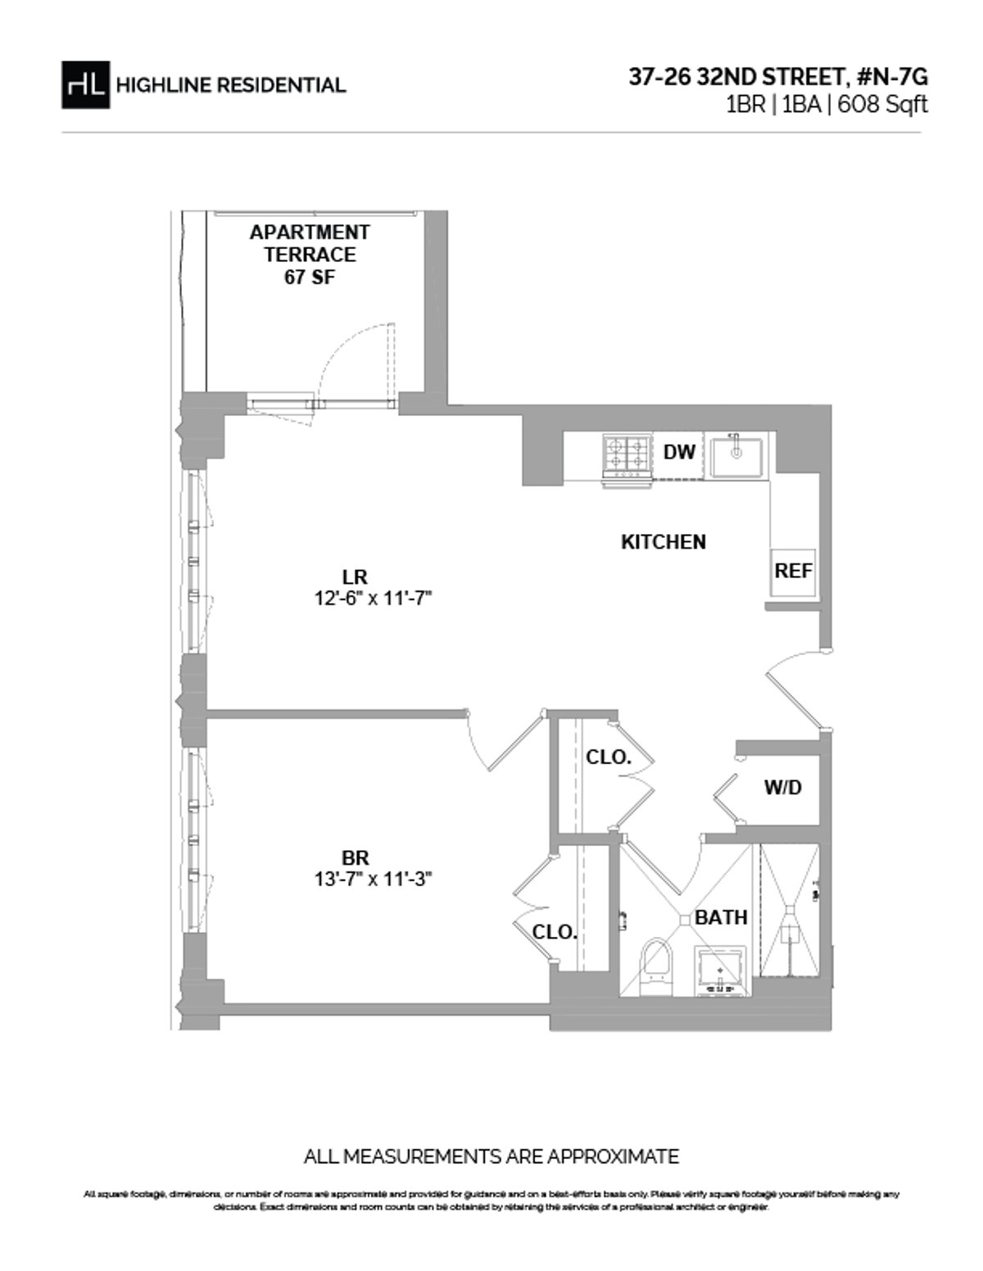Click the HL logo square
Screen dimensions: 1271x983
(85, 84)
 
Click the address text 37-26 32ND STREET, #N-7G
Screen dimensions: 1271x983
(778, 77)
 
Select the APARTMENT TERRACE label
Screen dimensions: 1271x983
(310, 243)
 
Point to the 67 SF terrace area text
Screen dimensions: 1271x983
(310, 278)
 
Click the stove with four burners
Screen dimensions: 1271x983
(627, 455)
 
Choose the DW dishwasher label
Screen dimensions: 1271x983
(679, 452)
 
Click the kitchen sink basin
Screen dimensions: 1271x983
(736, 456)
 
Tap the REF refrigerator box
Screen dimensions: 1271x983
(793, 571)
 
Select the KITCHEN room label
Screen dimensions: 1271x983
(664, 542)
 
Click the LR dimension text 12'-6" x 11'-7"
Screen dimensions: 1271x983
(373, 599)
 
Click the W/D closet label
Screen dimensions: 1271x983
(782, 789)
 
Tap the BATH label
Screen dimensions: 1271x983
(721, 917)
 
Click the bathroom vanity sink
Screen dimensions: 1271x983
(721, 970)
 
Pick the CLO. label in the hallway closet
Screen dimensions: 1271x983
(609, 758)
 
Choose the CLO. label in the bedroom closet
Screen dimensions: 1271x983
(555, 932)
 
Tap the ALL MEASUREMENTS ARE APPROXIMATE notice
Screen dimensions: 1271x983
(491, 1157)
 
